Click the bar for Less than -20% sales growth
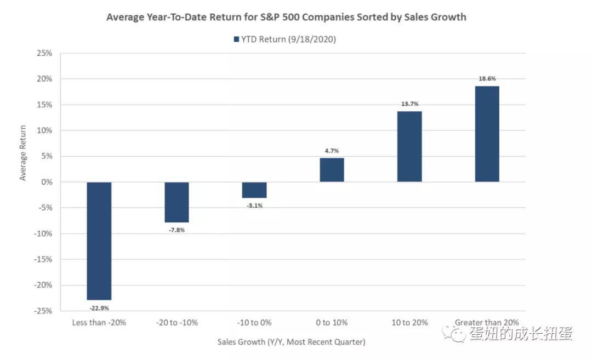[99, 241]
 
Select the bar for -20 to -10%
[177, 202]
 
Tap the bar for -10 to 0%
[254, 190]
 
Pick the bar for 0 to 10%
[332, 170]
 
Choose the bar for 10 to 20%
[409, 146]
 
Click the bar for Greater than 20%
[487, 134]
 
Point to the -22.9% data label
[99, 308]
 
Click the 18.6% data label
[487, 78]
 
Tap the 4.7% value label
[332, 150]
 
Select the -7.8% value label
[177, 230]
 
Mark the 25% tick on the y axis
[44, 53]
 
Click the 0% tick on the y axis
[47, 182]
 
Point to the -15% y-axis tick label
[43, 259]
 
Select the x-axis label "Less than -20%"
[99, 323]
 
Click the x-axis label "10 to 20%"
[409, 323]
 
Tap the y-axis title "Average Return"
[23, 153]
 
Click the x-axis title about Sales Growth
[291, 342]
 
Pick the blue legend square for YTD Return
[236, 39]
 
